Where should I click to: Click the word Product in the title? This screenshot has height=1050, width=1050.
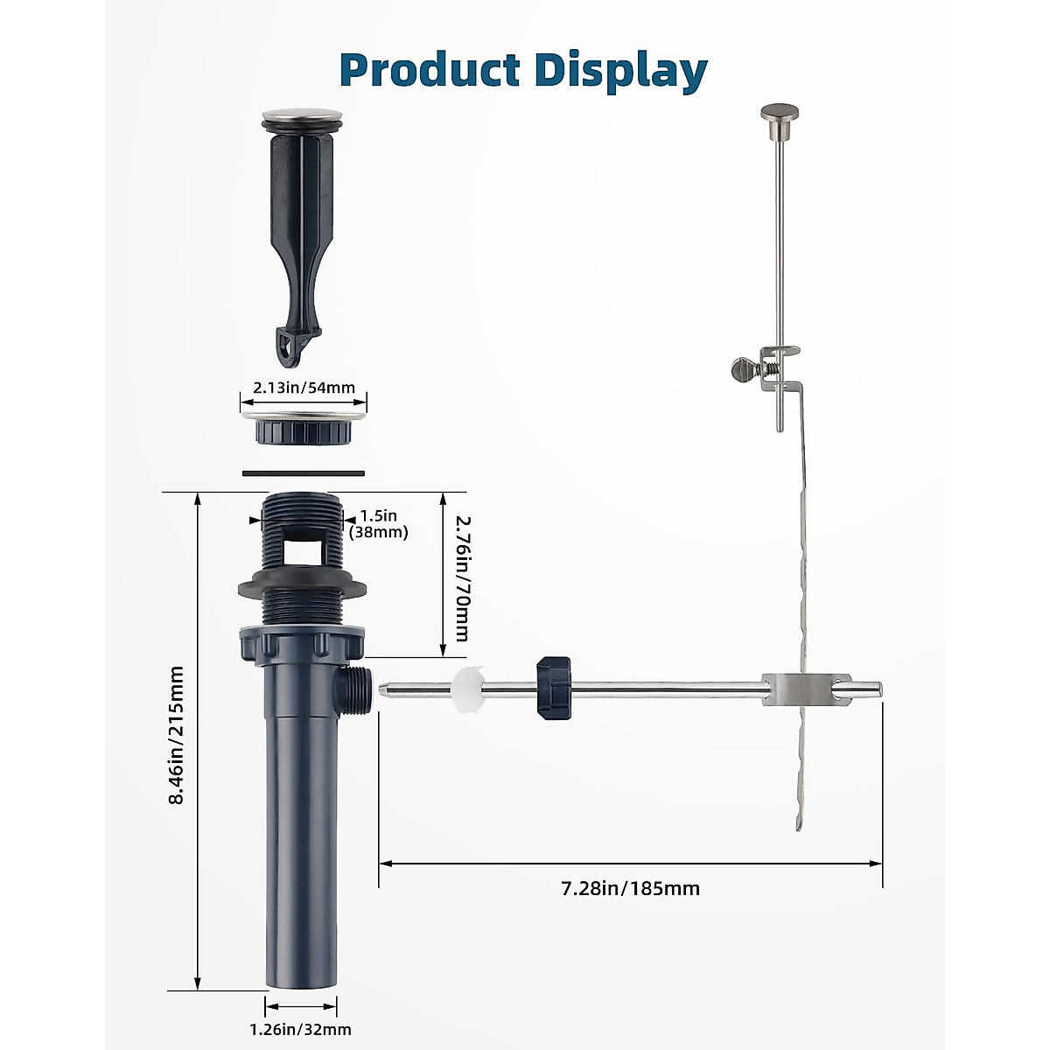point(430,70)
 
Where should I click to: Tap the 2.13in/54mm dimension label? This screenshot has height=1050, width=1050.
point(304,388)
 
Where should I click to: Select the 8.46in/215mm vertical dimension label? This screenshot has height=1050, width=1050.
point(176,735)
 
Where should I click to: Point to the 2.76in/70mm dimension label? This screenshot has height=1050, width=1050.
point(461,578)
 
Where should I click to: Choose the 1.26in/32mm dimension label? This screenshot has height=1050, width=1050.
point(300,1029)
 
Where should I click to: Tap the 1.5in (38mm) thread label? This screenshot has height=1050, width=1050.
point(378,523)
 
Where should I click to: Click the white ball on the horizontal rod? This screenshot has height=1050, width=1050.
point(468,689)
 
